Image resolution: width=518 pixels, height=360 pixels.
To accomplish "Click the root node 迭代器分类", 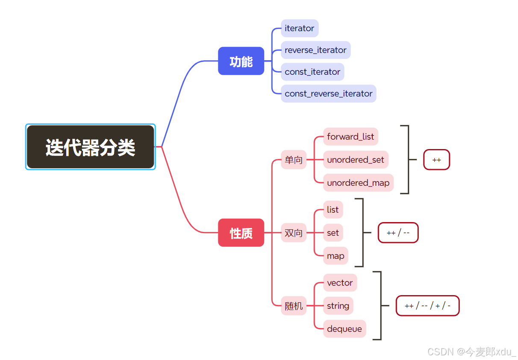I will click(x=90, y=147).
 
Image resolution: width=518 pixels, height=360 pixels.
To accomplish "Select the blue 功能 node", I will click(x=241, y=61).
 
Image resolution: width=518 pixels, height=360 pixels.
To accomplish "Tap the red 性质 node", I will click(x=241, y=233).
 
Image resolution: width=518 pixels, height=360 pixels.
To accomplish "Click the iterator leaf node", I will click(x=300, y=28).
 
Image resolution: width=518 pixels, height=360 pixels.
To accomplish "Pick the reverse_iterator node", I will click(x=315, y=50).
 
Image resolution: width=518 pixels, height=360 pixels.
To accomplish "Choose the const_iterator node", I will click(x=312, y=72).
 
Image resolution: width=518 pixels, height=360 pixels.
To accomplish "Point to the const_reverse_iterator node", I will click(x=328, y=94).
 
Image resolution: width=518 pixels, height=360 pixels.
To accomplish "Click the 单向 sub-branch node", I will click(x=294, y=160).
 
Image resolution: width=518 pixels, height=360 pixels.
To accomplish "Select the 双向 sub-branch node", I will click(x=294, y=233).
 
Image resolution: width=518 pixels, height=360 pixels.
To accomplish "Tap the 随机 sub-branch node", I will click(x=294, y=306).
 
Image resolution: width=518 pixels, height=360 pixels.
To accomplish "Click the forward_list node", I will click(x=350, y=137).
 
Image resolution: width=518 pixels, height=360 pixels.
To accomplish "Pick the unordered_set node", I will click(x=356, y=160).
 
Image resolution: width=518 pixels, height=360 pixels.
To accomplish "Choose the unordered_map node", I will click(x=358, y=183).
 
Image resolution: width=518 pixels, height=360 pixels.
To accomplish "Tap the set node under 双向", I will click(x=333, y=233).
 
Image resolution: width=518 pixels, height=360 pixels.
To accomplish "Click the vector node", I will click(x=340, y=283).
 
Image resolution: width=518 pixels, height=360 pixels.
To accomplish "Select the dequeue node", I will click(x=344, y=329).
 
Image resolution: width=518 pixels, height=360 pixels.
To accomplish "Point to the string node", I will click(x=338, y=306).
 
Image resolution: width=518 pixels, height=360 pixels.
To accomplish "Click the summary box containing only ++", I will click(x=436, y=160).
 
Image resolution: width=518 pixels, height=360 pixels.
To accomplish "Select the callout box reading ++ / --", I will click(x=398, y=233).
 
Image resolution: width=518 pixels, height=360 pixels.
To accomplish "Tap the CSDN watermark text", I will click(x=471, y=351).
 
